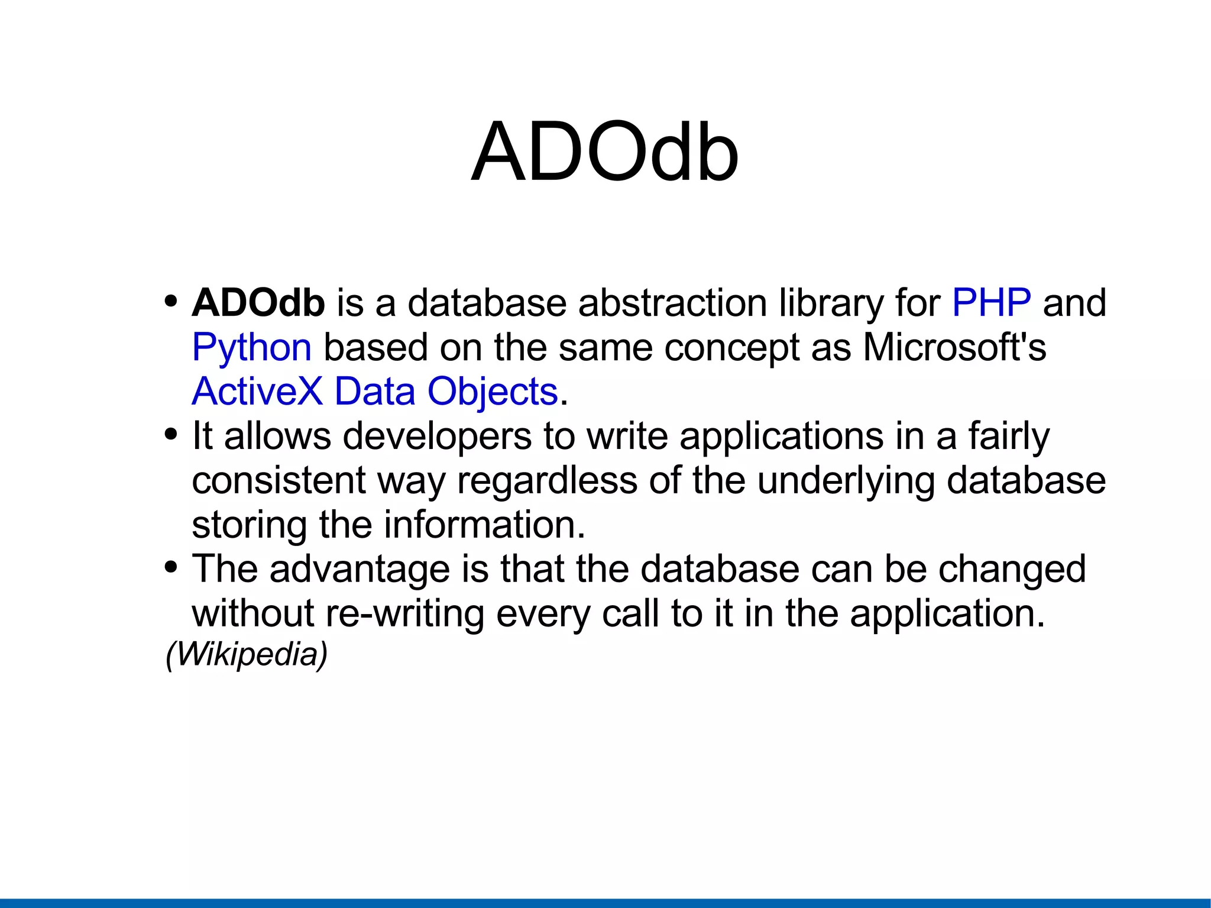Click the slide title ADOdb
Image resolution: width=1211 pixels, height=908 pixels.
point(604,153)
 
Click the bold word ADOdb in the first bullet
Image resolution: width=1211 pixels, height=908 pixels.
point(258,303)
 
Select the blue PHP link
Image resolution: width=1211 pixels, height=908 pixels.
point(992,303)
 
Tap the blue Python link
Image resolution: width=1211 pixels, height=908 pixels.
point(251,348)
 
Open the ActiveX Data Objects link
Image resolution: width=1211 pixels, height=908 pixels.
point(375,392)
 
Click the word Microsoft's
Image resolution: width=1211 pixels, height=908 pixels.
point(954,347)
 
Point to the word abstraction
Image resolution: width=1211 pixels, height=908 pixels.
point(672,303)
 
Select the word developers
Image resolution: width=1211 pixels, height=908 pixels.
point(437,437)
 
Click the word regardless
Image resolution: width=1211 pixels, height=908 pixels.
point(547,480)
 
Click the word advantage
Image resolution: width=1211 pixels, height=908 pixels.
point(360,570)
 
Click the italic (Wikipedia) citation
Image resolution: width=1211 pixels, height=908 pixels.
point(246,654)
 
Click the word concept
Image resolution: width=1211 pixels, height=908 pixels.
point(731,348)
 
